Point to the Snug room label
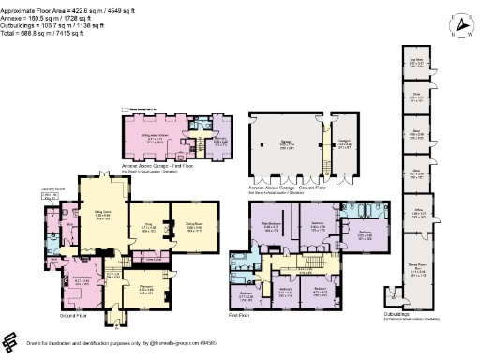pyautogui.click(x=149, y=228)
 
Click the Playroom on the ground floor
pyautogui.click(x=147, y=288)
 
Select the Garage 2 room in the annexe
pyautogui.click(x=343, y=144)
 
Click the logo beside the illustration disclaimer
pyautogui.click(x=10, y=341)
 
